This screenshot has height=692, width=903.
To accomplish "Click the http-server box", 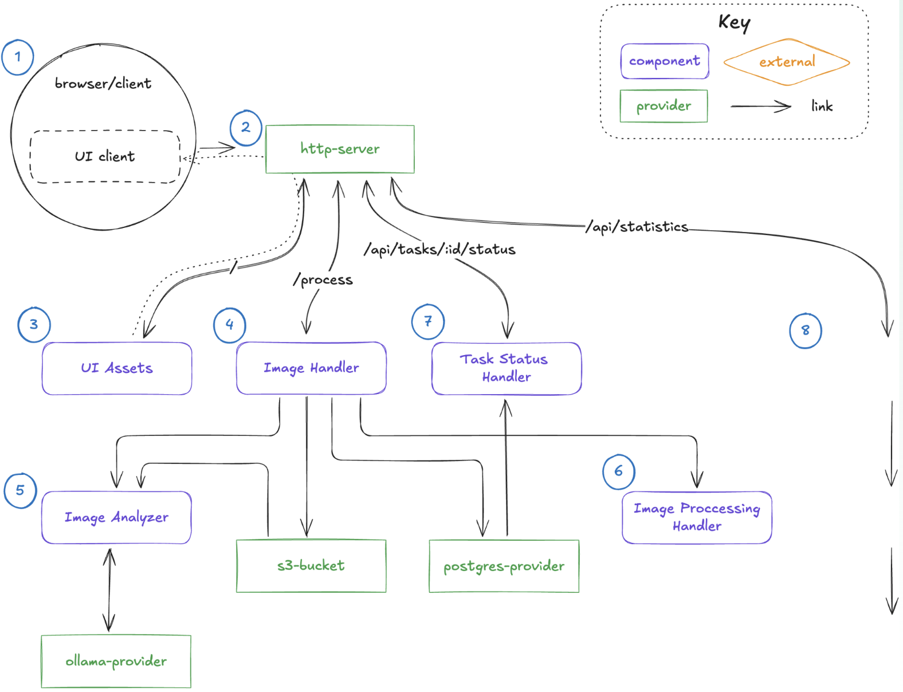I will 340,149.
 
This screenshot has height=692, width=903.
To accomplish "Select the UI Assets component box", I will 117,368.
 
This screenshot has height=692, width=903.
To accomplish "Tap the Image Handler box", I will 311,368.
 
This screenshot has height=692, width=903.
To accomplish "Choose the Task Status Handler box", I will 507,368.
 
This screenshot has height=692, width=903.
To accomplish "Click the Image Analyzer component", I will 116,517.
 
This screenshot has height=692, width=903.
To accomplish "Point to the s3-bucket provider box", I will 311,566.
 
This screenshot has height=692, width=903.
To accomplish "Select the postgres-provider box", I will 504,566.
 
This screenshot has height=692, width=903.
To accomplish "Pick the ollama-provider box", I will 116,661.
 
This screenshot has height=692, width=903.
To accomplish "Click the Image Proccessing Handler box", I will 697,517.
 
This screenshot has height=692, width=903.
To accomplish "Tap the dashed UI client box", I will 105,156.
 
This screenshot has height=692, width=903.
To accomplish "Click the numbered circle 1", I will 18,57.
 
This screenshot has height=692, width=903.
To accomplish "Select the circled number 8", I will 806,331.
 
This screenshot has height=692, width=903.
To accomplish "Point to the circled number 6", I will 619,471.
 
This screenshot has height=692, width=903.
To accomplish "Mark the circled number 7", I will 428,321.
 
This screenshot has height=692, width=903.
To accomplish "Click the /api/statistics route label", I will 637,227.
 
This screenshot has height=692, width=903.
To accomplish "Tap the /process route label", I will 323,280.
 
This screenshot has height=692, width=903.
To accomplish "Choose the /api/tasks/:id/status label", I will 439,250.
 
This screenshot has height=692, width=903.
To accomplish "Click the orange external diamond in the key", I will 787,62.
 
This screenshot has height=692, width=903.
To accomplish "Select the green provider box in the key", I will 663,106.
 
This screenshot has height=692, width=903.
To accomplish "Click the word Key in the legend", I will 734,22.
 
